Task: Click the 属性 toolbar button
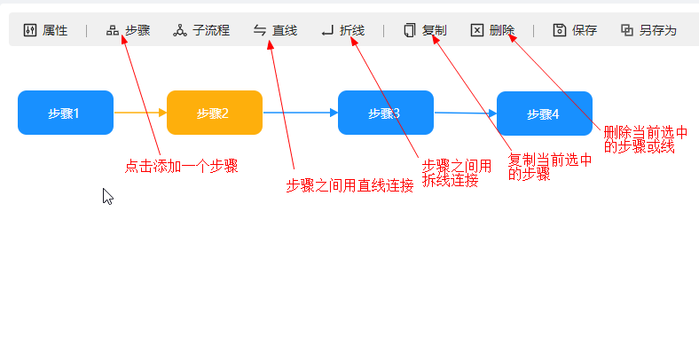coord(45,30)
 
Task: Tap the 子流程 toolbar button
coord(201,30)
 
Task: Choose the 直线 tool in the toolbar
coord(275,30)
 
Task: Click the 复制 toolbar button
coord(425,30)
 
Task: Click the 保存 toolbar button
coord(575,30)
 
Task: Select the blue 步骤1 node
coord(65,113)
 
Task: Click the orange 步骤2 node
coord(214,113)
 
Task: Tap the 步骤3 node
coord(385,113)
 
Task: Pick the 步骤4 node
coord(544,113)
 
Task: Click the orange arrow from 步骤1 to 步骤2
coord(139,113)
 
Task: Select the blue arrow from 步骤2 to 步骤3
coord(300,113)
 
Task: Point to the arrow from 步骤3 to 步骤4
coord(465,113)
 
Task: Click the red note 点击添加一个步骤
coord(181,166)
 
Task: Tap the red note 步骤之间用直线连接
coord(349,185)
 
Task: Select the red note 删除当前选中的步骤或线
coord(645,139)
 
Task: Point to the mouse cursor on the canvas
coord(107,196)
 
